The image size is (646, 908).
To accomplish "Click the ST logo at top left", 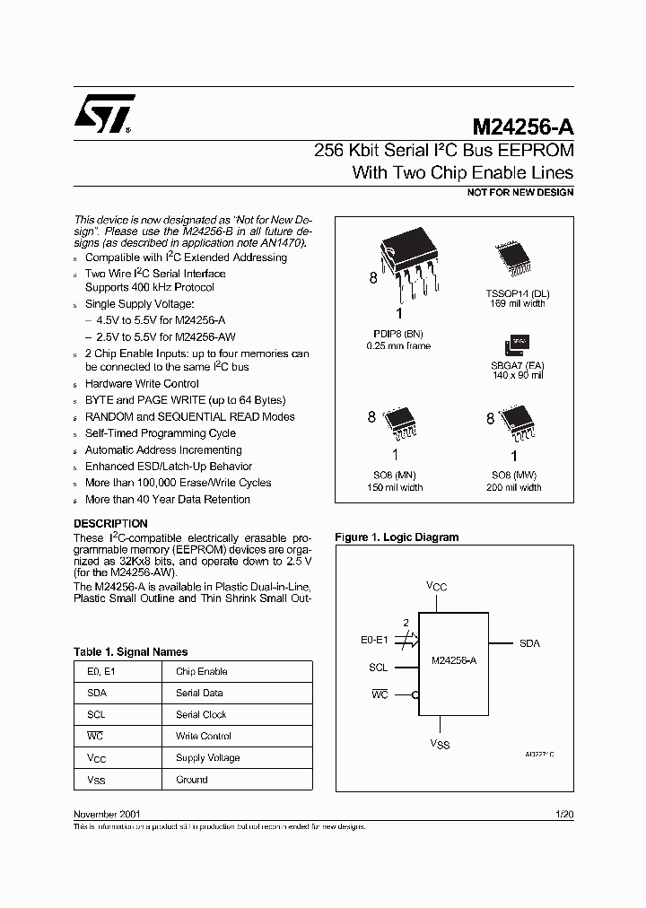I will coord(104,114).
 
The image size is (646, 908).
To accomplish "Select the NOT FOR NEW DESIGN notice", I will coord(520,192).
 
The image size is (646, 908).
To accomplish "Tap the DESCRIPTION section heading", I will coord(110,523).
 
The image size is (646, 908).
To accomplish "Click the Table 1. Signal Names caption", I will coord(130,652).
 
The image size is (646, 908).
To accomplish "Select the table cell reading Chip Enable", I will coord(201,672).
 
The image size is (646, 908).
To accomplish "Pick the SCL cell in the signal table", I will coord(96,715).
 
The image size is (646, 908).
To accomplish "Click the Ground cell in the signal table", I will coord(192,780).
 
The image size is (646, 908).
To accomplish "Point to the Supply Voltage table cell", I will coord(207,758).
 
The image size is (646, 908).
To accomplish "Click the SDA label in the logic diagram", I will coord(529,644).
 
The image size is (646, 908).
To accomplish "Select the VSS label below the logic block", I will coord(439,744).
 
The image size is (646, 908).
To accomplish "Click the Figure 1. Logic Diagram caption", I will coord(397,537).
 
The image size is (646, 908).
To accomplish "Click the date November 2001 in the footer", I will coord(106,814).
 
